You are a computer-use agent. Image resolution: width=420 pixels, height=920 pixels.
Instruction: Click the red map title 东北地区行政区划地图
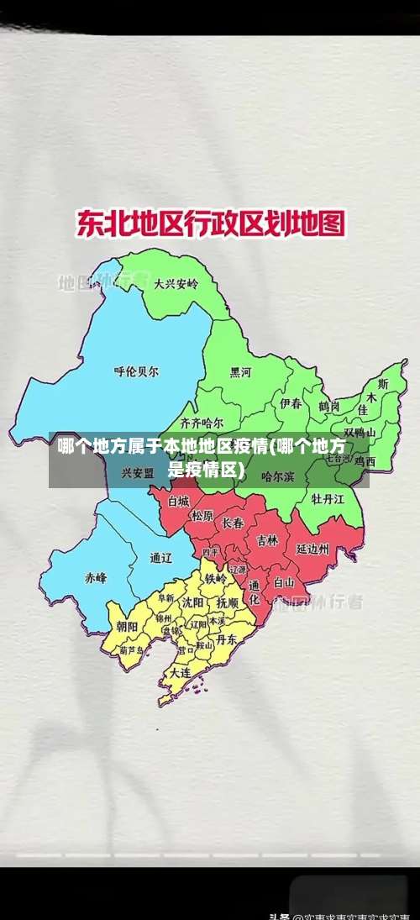click(x=211, y=224)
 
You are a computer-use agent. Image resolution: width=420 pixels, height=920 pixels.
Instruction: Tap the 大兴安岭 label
click(x=176, y=284)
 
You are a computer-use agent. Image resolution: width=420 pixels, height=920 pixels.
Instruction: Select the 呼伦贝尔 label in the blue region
click(x=135, y=371)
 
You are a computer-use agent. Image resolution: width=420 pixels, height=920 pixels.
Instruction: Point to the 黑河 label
click(x=240, y=372)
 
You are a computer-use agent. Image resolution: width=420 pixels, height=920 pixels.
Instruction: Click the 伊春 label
click(x=291, y=403)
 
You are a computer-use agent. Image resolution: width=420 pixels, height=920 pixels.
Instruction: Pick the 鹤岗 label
click(x=328, y=406)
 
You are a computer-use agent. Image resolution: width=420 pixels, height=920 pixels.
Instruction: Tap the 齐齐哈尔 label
click(x=202, y=423)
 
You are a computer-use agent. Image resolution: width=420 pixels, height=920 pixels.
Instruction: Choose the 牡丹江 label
click(x=328, y=498)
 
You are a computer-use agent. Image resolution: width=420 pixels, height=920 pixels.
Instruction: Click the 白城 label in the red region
click(x=178, y=501)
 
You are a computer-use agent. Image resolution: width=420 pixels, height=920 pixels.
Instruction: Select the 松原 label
click(x=202, y=516)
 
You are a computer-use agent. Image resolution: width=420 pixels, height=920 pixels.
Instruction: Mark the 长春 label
click(x=233, y=523)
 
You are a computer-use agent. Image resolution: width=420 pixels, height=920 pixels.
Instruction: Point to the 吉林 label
click(x=267, y=540)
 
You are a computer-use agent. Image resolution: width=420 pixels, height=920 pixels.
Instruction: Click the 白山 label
click(x=284, y=581)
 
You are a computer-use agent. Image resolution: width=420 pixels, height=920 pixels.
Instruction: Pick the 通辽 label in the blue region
click(x=160, y=558)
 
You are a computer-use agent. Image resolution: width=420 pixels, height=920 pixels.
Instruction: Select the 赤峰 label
click(x=96, y=577)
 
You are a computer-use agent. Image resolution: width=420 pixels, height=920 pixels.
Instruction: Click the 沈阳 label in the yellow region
click(x=193, y=602)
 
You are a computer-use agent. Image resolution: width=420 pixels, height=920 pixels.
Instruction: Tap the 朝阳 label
click(x=127, y=627)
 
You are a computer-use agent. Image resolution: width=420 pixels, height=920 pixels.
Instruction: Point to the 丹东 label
click(x=226, y=639)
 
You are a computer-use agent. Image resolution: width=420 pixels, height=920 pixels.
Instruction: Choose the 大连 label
click(x=180, y=672)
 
